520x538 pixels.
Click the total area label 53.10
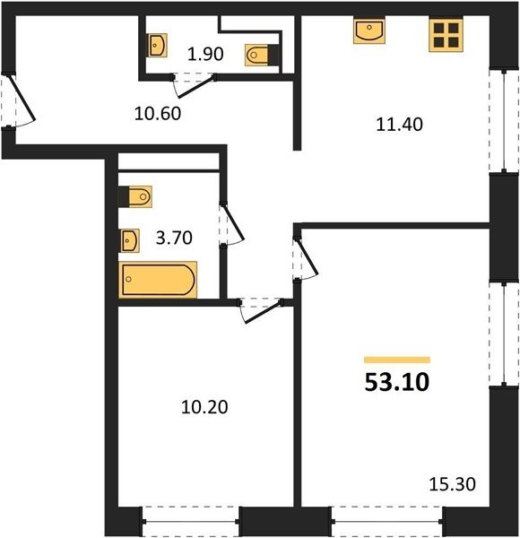coord(397,382)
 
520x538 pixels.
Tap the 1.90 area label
coord(205,54)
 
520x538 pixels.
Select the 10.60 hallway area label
coord(158,114)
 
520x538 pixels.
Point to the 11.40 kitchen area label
coord(399,125)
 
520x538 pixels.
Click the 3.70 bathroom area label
coord(174,238)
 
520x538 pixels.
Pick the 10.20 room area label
coord(204,407)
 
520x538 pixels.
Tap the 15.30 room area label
coord(453,484)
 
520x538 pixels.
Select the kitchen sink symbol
coord(369,31)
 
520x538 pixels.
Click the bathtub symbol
coord(158,279)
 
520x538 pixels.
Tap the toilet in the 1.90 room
coord(263,55)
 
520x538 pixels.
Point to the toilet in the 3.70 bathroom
coord(135,197)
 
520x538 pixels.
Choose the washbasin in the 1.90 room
coord(158,45)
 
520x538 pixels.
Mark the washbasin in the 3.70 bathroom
coord(129,240)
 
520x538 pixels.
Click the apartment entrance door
coord(21,100)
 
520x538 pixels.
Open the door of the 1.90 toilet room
coord(195,85)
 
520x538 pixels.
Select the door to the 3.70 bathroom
coord(232,224)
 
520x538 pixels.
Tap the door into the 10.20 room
coord(262,310)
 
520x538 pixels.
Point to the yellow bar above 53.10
coord(397,360)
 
